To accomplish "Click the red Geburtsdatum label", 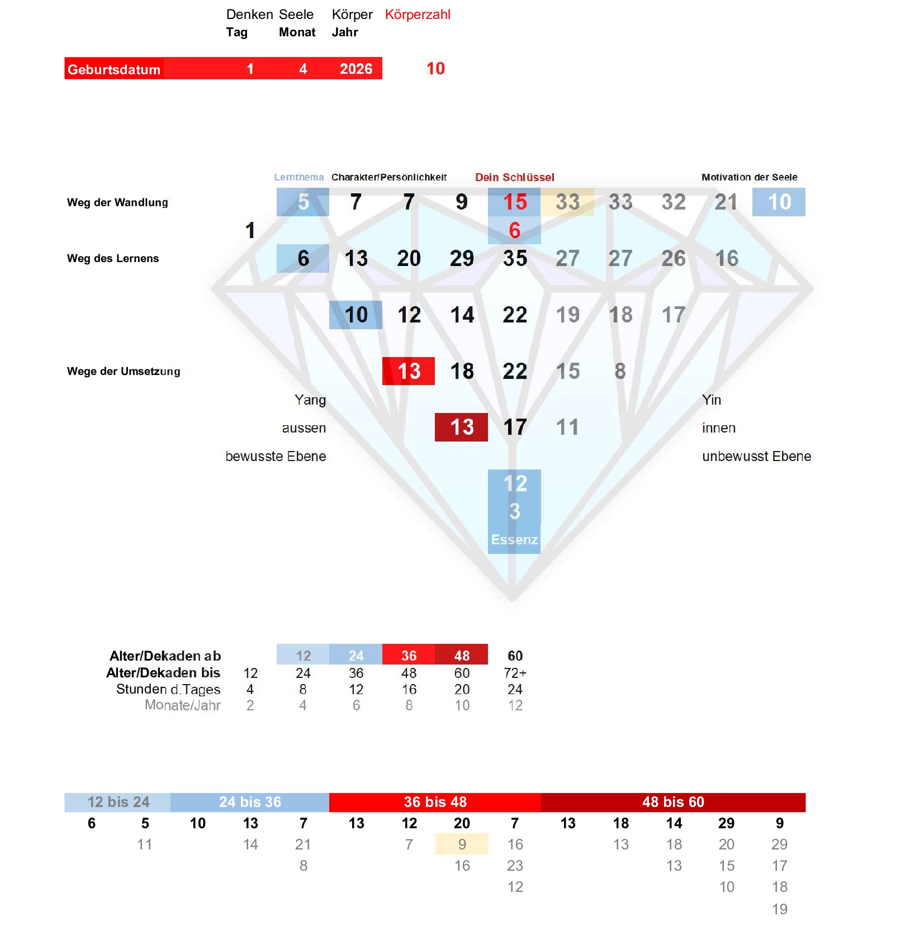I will tap(114, 69).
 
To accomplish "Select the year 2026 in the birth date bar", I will tap(356, 69).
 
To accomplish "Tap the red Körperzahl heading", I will tap(418, 15).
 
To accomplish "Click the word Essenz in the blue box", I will tap(514, 539).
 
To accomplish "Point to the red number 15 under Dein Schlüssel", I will tap(515, 202).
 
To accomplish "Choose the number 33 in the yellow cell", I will tap(567, 202).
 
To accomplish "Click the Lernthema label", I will tap(298, 177).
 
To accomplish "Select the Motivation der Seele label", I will tap(749, 177).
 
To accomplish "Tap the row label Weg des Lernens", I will tap(113, 258).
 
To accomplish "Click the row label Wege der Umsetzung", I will tap(124, 371).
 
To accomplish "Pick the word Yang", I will tap(310, 400).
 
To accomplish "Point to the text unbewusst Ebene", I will tap(756, 457).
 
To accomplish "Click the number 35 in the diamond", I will tap(515, 258).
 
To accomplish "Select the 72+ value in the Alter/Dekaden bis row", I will tap(515, 673).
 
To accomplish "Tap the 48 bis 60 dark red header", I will tap(673, 802).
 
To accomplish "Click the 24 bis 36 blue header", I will tap(250, 802).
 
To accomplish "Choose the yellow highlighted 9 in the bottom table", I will tap(462, 844).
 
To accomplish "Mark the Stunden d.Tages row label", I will tap(168, 689).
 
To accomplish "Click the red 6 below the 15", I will tap(515, 230).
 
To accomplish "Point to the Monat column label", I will tap(297, 32).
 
